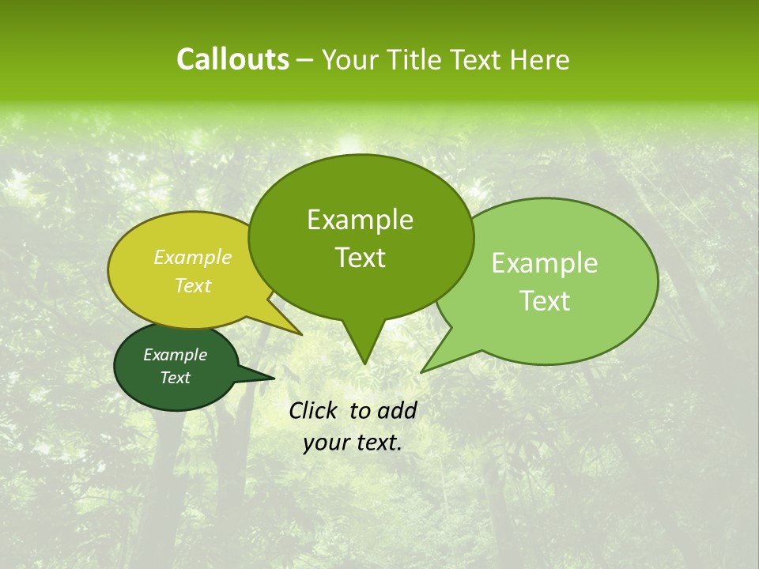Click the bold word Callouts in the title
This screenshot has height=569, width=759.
[232, 59]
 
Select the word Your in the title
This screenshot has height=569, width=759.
[350, 59]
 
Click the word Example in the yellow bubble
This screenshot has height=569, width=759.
[192, 257]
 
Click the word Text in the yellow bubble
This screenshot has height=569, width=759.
[192, 285]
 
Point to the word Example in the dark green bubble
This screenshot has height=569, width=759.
[175, 355]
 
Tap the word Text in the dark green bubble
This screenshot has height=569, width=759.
[175, 378]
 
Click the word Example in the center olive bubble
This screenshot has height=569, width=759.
[360, 220]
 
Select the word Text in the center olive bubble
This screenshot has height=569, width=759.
[360, 258]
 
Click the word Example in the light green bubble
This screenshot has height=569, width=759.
[545, 263]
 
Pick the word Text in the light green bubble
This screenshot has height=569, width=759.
[545, 301]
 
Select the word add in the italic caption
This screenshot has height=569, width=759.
[396, 410]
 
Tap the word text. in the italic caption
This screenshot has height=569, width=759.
[376, 443]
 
